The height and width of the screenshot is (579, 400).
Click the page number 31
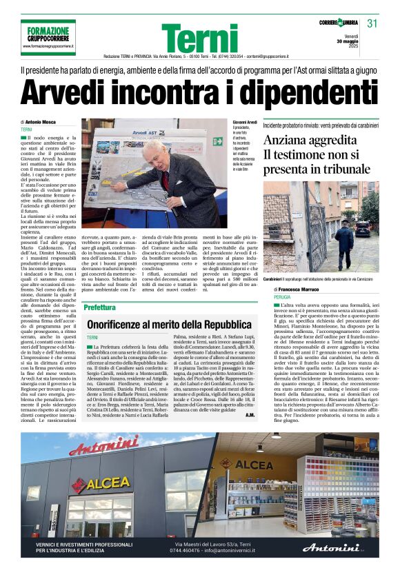[x=373, y=23]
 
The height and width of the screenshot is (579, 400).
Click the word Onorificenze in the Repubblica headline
[x=121, y=324]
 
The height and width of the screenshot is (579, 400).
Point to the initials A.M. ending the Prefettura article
[x=249, y=415]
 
